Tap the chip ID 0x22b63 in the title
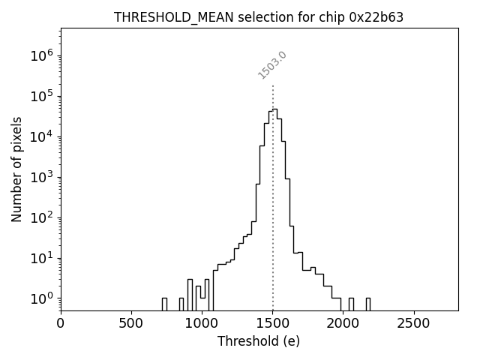pos(376,17)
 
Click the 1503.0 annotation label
pos(272,65)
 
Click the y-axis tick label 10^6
pos(40,55)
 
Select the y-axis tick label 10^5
pos(40,96)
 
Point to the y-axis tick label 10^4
pos(40,136)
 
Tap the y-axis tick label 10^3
pos(40,177)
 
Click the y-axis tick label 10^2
pos(40,217)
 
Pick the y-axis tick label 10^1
pos(40,258)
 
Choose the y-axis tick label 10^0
pos(40,298)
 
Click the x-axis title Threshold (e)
pos(259,341)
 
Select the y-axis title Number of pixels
pos(16,169)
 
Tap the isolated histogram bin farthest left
pos(164,304)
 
